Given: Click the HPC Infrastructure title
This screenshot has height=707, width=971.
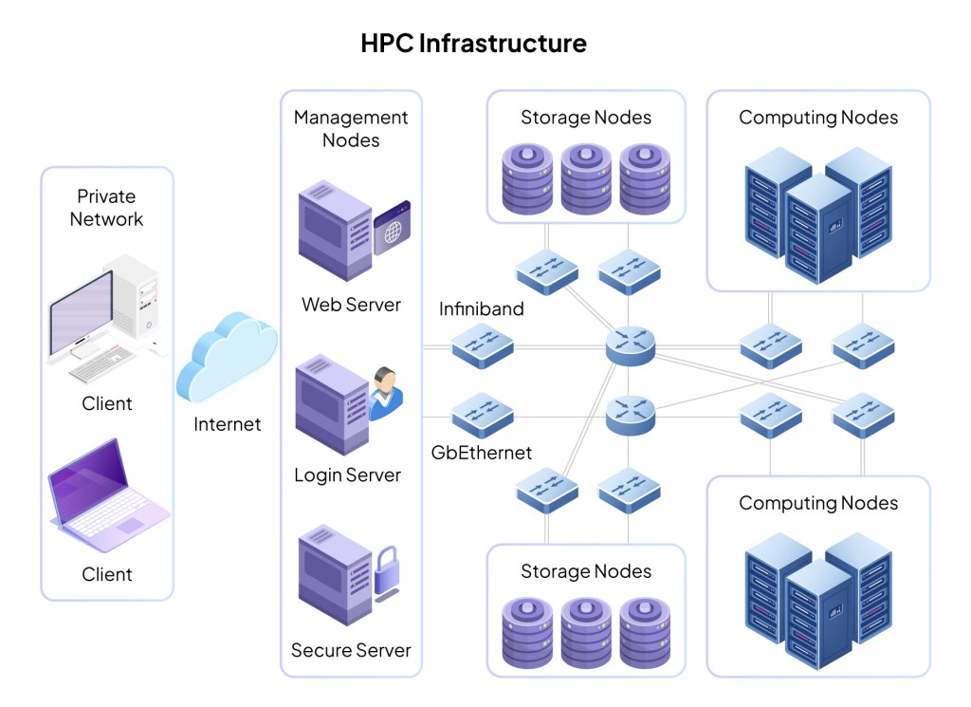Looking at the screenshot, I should [473, 44].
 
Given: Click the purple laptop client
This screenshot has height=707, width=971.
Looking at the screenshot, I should [107, 497].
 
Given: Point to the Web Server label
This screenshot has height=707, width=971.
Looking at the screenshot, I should [351, 306].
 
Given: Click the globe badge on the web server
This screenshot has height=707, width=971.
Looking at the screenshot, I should [392, 228].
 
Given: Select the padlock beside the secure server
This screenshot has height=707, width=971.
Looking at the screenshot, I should [386, 572].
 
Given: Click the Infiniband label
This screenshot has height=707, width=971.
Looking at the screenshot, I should [481, 310].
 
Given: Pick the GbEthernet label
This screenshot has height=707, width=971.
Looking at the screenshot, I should [481, 453].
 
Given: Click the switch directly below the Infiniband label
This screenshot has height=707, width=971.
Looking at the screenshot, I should [482, 347].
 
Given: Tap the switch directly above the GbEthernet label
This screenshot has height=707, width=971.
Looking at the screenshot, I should [482, 415].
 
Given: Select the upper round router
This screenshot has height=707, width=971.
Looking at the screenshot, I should [630, 344].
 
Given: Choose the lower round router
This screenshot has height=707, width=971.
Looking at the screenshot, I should [630, 414].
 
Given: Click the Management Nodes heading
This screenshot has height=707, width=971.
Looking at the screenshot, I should [351, 128].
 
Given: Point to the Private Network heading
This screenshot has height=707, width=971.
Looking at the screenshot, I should [107, 208].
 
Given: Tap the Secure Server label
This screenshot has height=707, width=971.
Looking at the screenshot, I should [351, 651].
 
